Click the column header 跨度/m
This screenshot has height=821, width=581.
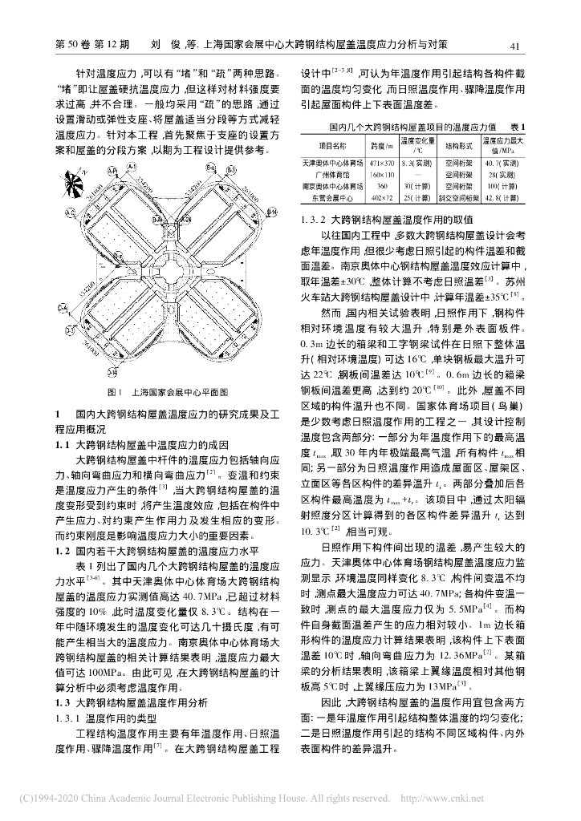coord(381,146)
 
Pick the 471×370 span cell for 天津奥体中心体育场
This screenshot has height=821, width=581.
coord(381,163)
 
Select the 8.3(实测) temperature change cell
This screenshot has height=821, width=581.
coord(418,163)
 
